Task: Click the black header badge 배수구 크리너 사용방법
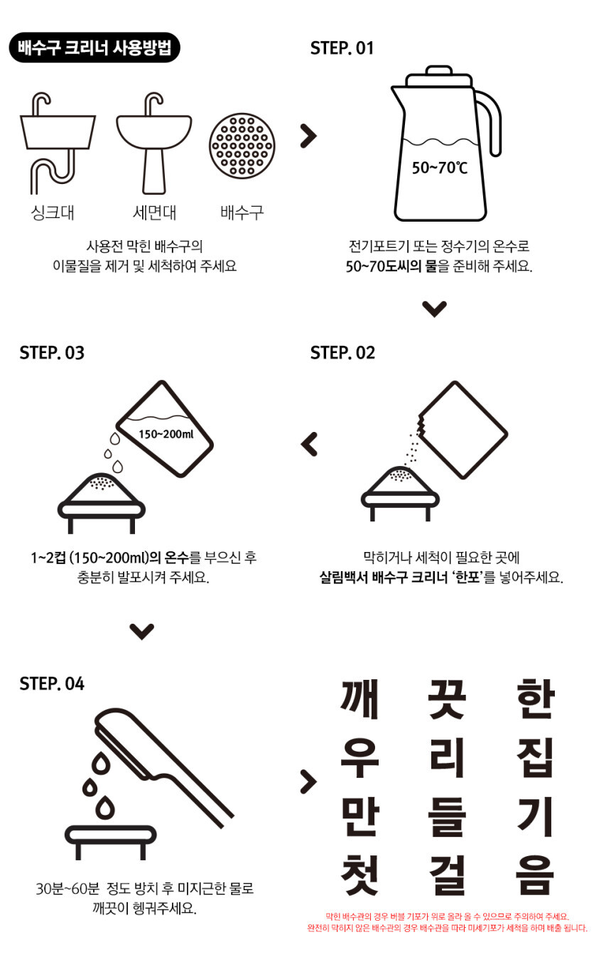[x=94, y=48]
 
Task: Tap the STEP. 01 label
[x=342, y=48]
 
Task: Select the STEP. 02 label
[x=342, y=353]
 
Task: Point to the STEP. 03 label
[x=52, y=353]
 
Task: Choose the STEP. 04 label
[x=52, y=683]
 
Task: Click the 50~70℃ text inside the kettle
[x=440, y=168]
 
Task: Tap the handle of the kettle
[x=492, y=124]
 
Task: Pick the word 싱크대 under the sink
[x=53, y=212]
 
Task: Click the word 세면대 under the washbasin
[x=154, y=212]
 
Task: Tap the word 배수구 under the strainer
[x=242, y=212]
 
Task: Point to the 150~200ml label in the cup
[x=166, y=434]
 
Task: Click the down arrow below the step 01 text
[x=434, y=308]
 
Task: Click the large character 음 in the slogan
[x=534, y=876]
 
